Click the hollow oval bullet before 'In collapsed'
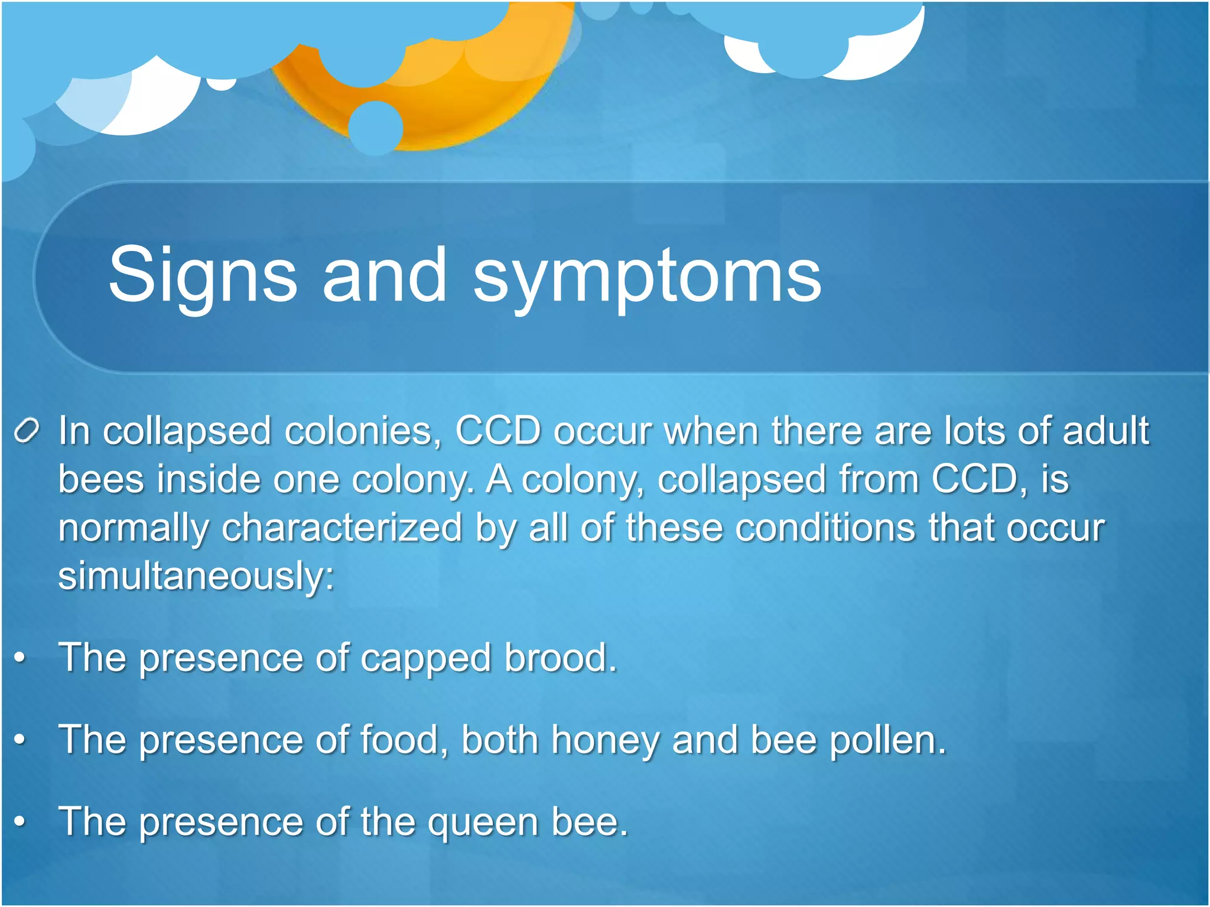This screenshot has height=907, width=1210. tap(27, 430)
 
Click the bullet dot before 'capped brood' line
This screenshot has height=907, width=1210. tap(20, 657)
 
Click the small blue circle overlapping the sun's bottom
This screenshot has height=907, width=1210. tap(376, 128)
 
